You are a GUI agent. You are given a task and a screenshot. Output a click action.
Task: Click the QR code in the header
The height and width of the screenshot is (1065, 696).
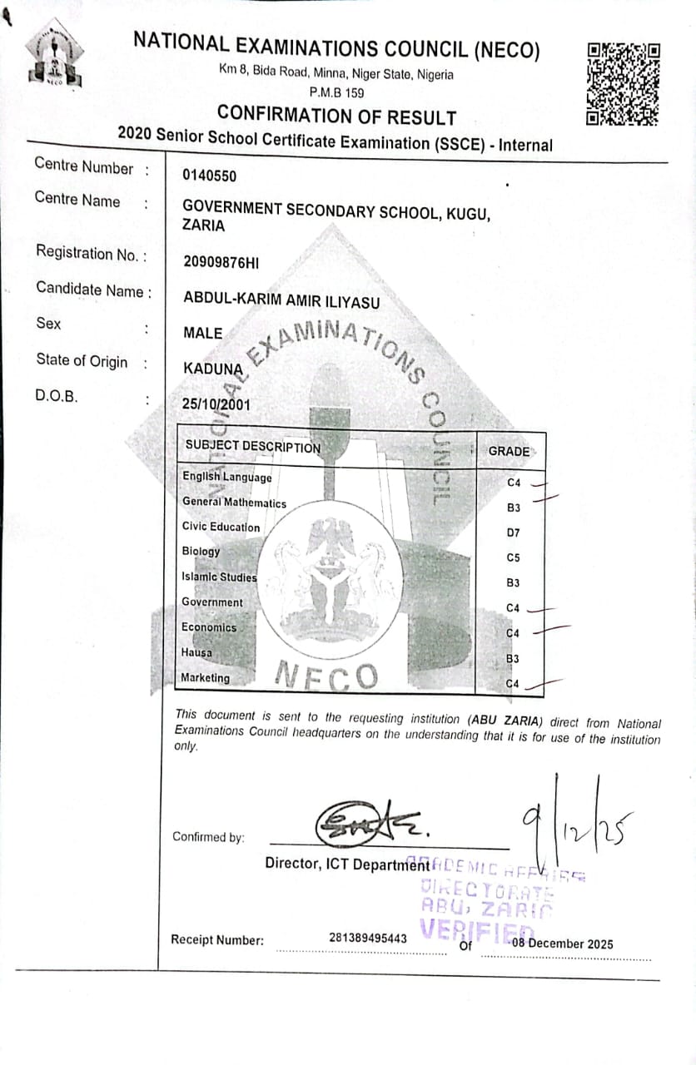point(624,82)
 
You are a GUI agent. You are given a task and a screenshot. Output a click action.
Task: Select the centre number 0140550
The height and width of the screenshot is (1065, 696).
point(209,176)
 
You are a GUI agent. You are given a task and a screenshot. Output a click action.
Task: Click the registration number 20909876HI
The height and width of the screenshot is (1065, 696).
point(221,262)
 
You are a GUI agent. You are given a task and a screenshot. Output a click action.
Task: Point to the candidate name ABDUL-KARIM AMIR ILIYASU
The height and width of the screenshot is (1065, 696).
point(281,302)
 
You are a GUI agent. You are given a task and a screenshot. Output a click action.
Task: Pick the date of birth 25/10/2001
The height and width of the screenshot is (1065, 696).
point(216,404)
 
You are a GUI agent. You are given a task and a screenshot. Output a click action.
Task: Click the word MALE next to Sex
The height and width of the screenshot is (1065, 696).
point(202,334)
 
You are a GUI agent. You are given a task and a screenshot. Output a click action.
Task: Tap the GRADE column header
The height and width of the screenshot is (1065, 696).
point(509,451)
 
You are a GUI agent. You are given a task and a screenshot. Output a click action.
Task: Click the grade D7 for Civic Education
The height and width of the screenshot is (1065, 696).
point(513,532)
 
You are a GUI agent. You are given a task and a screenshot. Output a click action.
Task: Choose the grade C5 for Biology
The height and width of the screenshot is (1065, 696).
point(513,558)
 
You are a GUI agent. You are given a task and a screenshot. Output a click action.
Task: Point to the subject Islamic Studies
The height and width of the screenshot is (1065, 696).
point(220,577)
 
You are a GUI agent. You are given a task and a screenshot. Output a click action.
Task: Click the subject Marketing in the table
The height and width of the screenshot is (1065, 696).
point(206,678)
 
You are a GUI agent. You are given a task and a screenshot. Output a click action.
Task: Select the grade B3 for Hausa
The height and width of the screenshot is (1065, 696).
point(513,659)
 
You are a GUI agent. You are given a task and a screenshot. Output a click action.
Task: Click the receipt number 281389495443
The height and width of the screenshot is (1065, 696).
point(368,939)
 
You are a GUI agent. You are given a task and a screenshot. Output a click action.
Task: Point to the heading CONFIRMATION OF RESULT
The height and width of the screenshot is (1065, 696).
point(336,116)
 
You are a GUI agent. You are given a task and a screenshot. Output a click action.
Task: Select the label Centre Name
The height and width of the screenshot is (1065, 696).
point(77,201)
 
